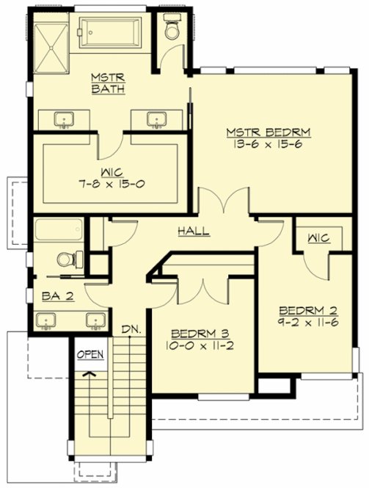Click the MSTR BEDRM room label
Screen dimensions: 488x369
point(268,132)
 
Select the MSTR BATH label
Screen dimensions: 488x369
point(107,83)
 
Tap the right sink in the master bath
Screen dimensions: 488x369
point(155,118)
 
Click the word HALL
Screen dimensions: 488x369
point(194,231)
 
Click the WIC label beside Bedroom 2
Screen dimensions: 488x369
point(318,238)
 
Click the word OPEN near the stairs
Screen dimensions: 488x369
point(90,354)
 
